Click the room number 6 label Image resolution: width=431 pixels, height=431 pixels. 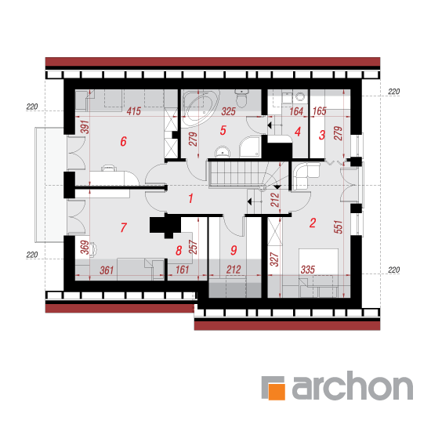tap(123, 142)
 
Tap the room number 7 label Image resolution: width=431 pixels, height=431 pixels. tap(123, 227)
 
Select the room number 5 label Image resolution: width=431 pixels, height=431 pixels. tap(223, 130)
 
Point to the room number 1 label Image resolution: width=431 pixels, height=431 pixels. tap(190, 198)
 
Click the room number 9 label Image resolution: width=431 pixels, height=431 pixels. tap(234, 250)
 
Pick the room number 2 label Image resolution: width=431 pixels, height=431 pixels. tap(313, 223)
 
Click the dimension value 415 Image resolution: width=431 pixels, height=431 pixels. tap(134, 111)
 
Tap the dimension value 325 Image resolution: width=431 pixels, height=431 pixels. tap(228, 111)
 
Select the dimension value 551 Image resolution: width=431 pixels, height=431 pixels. tap(339, 226)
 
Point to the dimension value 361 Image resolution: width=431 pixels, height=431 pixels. tap(107, 270)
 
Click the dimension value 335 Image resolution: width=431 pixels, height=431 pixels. tap(308, 270)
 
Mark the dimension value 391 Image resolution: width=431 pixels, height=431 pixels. tap(85, 127)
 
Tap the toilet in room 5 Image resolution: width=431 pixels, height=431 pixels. tap(241, 99)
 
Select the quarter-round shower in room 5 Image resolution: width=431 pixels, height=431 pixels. tap(249, 147)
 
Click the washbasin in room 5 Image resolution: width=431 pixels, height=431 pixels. tap(223, 152)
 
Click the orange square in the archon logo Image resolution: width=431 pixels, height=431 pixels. tap(277, 392)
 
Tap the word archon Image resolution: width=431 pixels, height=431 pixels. tap(353, 386)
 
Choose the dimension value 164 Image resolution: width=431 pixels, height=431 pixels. tap(296, 111)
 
